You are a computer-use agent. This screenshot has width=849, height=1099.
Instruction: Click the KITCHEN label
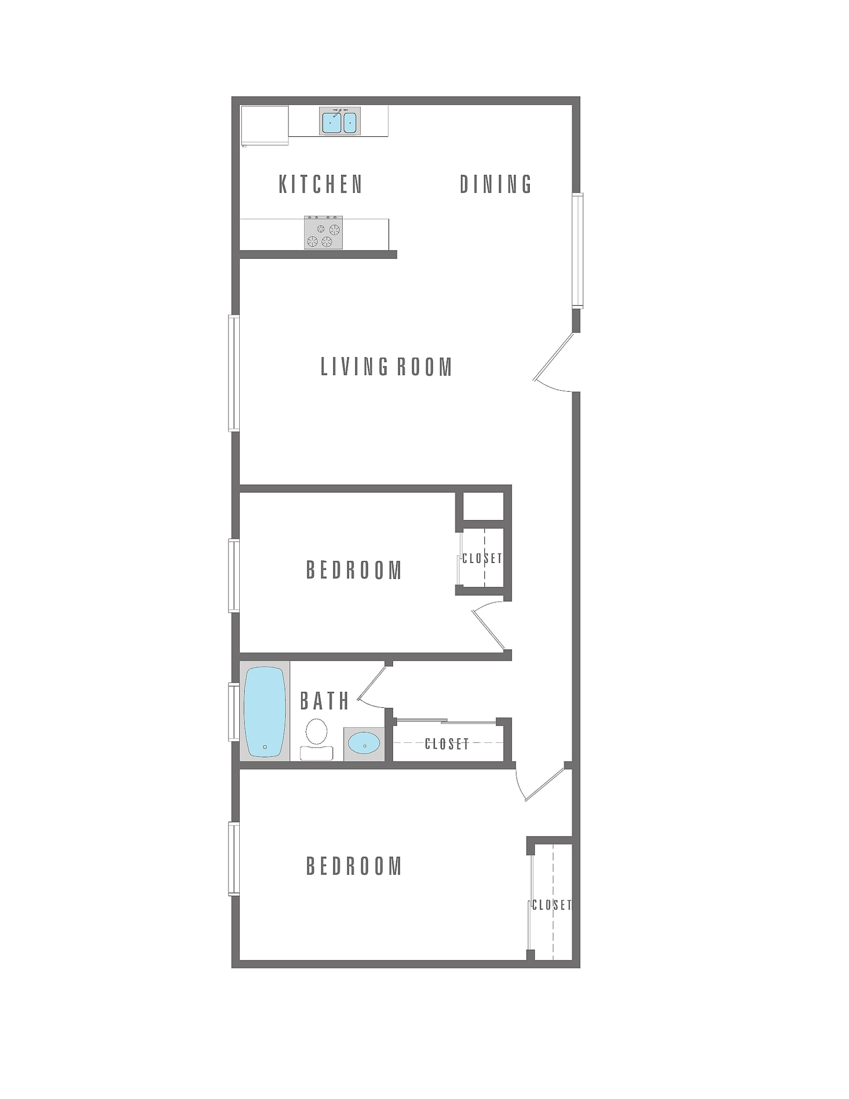pos(321,185)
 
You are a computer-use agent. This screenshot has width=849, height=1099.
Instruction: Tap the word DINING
pos(496,185)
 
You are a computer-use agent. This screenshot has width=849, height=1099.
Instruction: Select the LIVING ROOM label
pos(386,368)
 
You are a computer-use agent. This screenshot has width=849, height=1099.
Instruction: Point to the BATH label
pos(324,701)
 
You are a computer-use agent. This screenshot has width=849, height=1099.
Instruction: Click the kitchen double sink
pos(339,121)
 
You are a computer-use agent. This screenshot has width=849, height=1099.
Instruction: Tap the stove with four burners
pos(323,232)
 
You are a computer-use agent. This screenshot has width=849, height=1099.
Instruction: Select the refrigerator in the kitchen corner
pos(264,125)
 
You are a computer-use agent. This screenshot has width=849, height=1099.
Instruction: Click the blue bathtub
pos(264,712)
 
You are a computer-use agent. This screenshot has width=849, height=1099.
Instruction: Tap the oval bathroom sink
pos(364,744)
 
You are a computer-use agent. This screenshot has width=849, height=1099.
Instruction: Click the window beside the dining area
pos(577,251)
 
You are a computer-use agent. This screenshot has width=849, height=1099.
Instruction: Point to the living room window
pos(234,373)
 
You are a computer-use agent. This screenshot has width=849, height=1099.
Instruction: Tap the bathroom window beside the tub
pos(234,712)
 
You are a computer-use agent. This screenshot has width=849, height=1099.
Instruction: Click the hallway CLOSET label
pos(447,744)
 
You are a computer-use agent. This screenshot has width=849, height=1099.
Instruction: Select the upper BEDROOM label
pos(354,570)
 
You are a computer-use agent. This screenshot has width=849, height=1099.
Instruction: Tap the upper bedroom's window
pos(234,576)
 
